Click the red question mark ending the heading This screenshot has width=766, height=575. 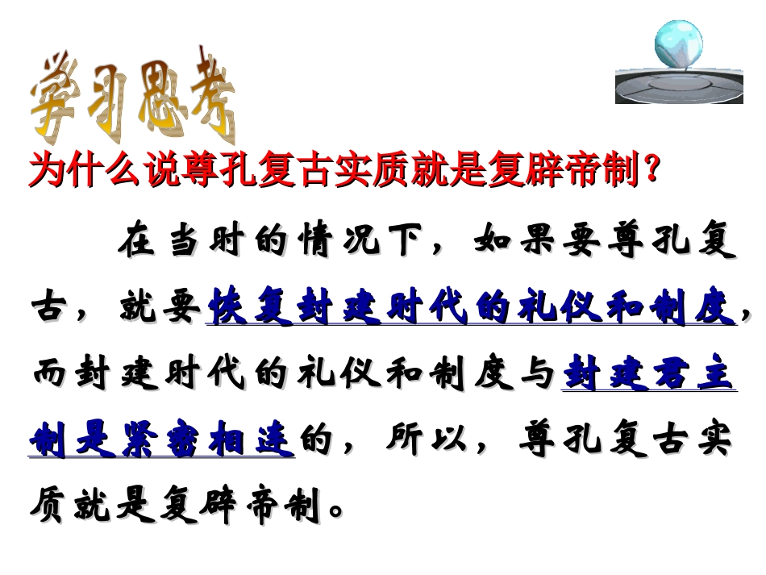click(652, 170)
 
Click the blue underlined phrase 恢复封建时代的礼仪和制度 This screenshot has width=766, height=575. click(471, 309)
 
